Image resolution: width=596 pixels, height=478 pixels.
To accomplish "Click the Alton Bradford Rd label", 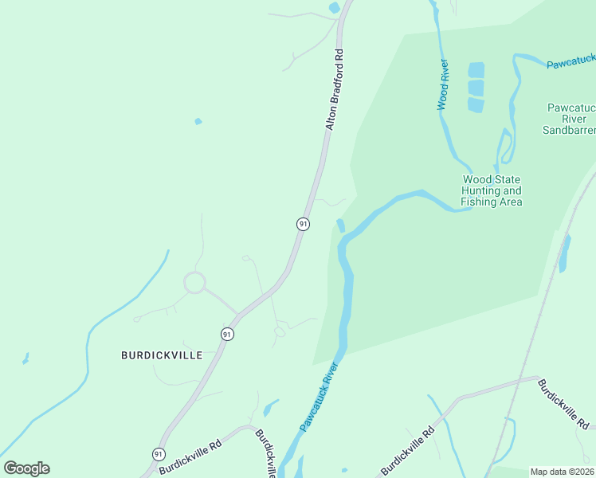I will [335, 90].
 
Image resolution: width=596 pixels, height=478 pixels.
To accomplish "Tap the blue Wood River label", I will [443, 84].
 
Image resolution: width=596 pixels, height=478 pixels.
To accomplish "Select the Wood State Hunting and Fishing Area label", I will [492, 190].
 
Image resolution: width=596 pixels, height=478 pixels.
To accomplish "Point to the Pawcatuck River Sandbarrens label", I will [569, 119].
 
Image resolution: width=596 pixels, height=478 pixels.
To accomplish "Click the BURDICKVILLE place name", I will [162, 355].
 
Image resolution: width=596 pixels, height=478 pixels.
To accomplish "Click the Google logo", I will [26, 468].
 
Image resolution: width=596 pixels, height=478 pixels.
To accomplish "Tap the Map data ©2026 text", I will [562, 472].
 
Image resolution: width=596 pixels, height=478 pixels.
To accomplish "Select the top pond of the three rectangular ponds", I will [476, 69].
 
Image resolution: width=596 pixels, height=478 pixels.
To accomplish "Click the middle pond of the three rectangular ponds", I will [476, 87].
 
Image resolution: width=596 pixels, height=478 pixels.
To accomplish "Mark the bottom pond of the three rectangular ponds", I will [476, 104].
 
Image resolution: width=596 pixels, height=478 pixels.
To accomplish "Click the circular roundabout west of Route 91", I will [194, 282].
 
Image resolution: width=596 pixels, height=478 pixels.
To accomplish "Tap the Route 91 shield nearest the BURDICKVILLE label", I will [227, 334].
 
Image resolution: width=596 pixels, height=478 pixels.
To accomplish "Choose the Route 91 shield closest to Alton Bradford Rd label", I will [303, 225].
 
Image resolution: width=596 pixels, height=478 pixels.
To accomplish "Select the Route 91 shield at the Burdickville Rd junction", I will [157, 454].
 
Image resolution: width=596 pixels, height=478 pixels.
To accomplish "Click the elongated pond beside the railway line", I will [565, 254].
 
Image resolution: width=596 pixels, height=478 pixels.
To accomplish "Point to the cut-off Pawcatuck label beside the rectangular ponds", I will [571, 61].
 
